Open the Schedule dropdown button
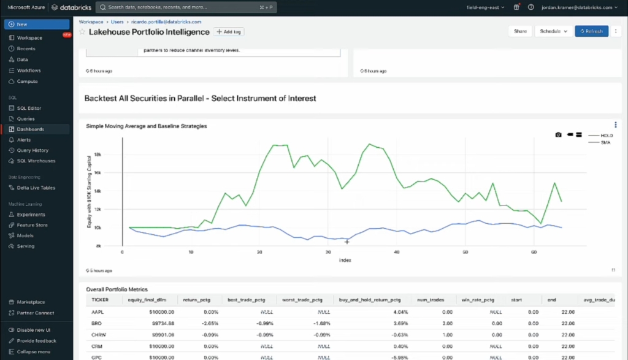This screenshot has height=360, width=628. [553, 31]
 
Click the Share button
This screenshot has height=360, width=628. [520, 31]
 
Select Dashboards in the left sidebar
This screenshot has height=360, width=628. [30, 129]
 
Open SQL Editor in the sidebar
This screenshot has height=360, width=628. [29, 108]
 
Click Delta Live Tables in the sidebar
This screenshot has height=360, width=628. [36, 188]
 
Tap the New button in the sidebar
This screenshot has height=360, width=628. [36, 24]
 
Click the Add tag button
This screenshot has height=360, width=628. [229, 31]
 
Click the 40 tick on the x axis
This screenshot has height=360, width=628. [397, 252]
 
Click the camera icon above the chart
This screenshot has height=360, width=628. [558, 134]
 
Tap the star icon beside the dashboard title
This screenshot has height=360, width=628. [82, 32]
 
